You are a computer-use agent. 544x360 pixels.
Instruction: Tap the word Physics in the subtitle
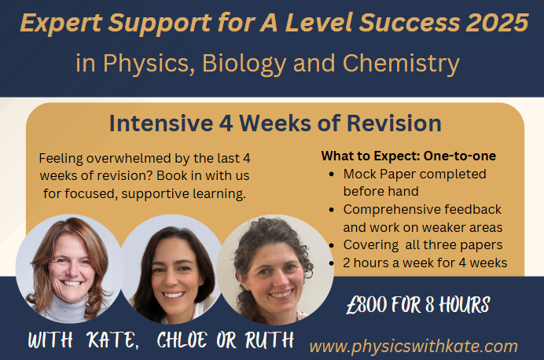click(x=146, y=64)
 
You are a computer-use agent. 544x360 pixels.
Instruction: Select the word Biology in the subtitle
click(x=244, y=64)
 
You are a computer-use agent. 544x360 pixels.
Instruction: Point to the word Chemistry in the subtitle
click(x=401, y=64)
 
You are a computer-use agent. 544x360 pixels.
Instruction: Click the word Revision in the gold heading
click(x=394, y=123)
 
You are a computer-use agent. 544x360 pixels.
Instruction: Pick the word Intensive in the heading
click(x=161, y=123)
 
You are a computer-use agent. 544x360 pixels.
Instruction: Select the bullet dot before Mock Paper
click(x=332, y=174)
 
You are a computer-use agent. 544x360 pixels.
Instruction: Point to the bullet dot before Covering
click(x=332, y=245)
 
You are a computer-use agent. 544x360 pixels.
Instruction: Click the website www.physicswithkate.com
click(x=414, y=347)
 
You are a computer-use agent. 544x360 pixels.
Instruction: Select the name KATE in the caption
click(x=112, y=340)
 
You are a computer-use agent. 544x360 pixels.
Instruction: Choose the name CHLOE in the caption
click(x=182, y=340)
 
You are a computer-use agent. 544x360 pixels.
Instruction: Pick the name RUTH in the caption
click(x=269, y=340)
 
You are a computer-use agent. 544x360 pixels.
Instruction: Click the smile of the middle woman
click(x=174, y=295)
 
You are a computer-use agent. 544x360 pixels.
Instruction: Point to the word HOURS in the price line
click(x=464, y=305)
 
